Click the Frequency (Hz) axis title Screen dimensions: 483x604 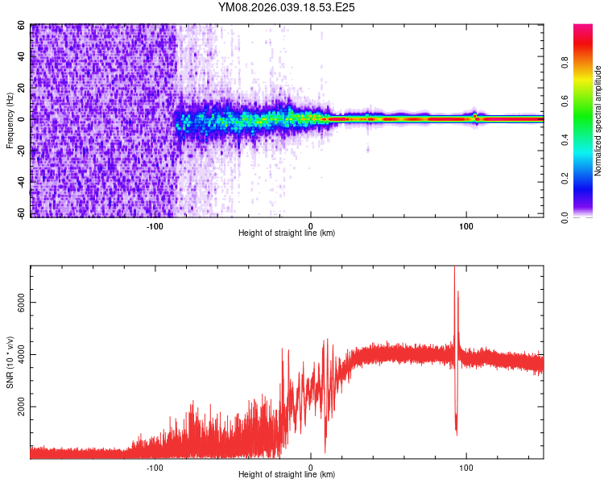(10, 121)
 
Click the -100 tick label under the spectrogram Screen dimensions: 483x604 (155, 225)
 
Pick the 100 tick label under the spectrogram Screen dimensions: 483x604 (465, 225)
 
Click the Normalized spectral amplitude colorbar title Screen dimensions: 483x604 (598, 121)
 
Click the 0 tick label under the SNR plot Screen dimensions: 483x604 (311, 467)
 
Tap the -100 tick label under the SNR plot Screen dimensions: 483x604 (155, 467)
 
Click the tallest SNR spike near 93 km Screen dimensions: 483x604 (454, 268)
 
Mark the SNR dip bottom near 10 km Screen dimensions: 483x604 (325, 452)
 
